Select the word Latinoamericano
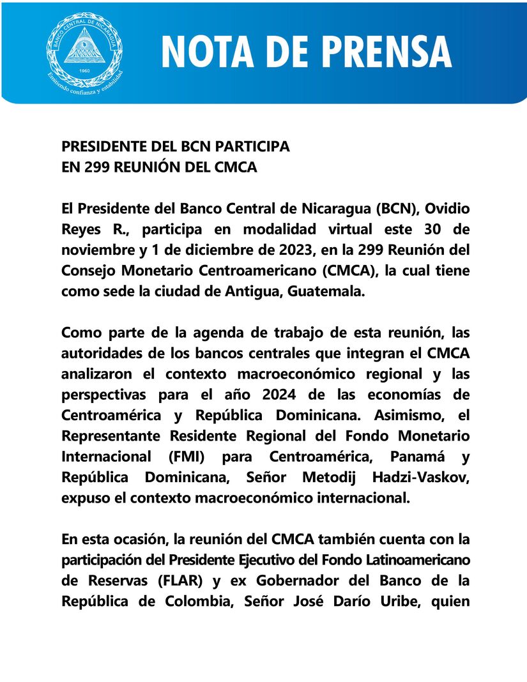click(408, 559)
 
